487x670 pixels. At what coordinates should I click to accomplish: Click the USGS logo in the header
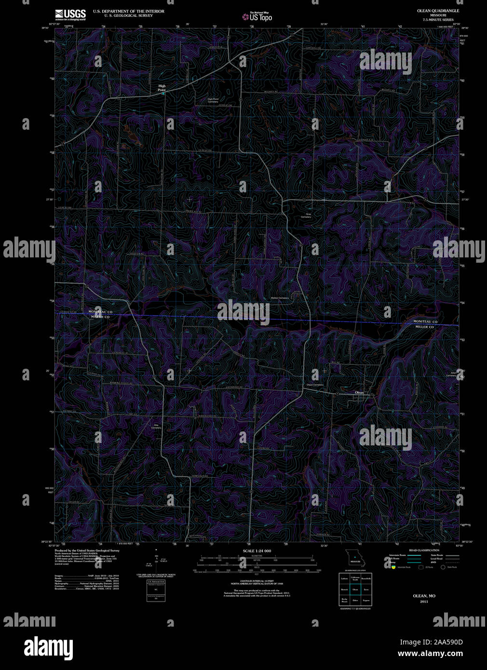[x=70, y=14]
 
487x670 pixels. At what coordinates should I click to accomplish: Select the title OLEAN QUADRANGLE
[x=438, y=11]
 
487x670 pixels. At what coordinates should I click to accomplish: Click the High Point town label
[x=162, y=88]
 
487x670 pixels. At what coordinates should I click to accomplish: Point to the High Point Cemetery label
[x=213, y=100]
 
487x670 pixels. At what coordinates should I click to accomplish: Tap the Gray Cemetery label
[x=306, y=216]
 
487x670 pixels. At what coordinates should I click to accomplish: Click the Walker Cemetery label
[x=280, y=298]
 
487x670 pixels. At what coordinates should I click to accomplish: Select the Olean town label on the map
[x=359, y=393]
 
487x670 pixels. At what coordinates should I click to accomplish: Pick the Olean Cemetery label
[x=315, y=385]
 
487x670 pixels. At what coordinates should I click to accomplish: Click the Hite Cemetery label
[x=156, y=427]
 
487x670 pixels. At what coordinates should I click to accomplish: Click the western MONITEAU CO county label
[x=100, y=312]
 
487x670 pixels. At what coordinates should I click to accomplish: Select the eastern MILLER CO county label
[x=425, y=327]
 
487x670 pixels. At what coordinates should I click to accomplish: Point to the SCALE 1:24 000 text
[x=257, y=551]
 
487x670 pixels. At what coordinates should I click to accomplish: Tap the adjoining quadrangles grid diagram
[x=355, y=589]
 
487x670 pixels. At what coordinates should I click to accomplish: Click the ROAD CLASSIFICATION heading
[x=424, y=550]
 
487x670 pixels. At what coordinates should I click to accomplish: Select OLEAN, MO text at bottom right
[x=424, y=596]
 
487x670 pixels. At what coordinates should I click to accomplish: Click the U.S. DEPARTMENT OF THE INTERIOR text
[x=128, y=11]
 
